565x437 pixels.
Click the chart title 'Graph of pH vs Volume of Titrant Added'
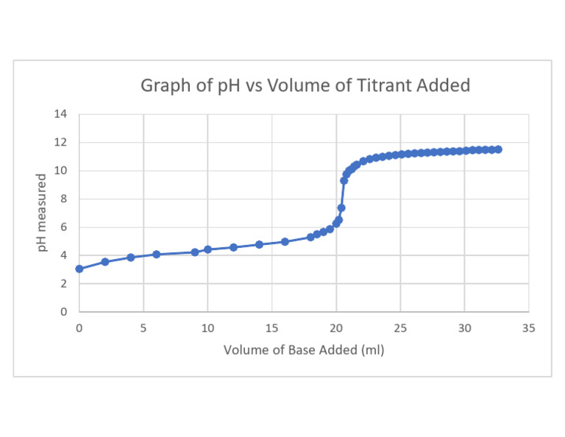[x=305, y=86]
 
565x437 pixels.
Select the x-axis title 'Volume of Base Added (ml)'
[x=304, y=349]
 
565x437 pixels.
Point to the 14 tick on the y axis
[x=60, y=114]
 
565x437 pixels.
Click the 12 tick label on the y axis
[x=60, y=143]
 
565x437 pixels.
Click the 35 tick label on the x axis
[x=528, y=328]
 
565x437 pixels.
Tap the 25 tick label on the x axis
[x=400, y=328]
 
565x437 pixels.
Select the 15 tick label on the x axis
[x=271, y=328]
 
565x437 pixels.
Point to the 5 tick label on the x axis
[x=143, y=328]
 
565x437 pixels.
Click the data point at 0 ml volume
[x=79, y=269]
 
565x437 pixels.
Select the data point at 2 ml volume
[x=105, y=261]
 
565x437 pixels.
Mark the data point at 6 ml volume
[x=157, y=254]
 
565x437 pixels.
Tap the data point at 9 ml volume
[x=195, y=252]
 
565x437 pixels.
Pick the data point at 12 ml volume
[x=233, y=247]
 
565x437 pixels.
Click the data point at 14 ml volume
[x=259, y=244]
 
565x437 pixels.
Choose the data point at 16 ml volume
[x=285, y=241]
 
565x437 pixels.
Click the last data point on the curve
[x=498, y=149]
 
